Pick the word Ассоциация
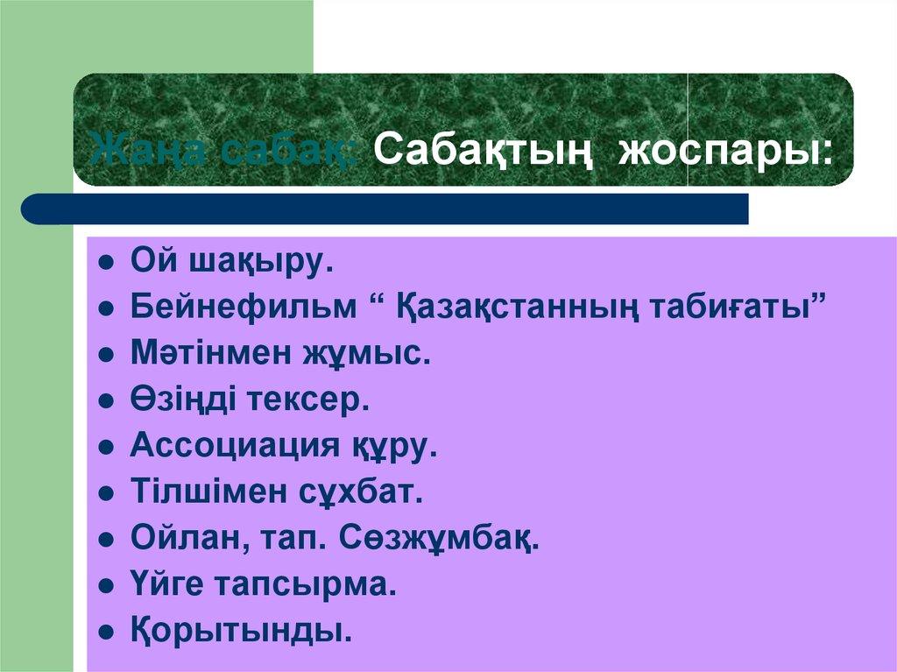pyautogui.click(x=235, y=446)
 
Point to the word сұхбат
pyautogui.click(x=366, y=492)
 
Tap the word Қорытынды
pyautogui.click(x=241, y=631)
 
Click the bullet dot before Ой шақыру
pyautogui.click(x=105, y=262)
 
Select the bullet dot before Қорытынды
pyautogui.click(x=105, y=631)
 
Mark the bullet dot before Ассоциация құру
pyautogui.click(x=105, y=447)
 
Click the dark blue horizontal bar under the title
pyautogui.click(x=385, y=209)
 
